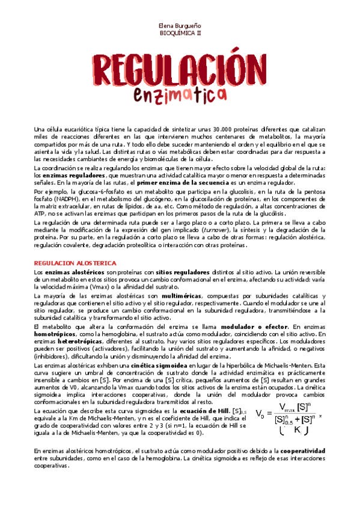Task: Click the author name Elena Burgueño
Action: [180, 26]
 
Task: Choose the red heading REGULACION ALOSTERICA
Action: [75, 263]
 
